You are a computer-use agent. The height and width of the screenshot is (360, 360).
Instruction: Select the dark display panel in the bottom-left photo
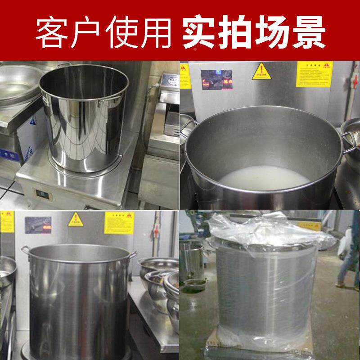38,225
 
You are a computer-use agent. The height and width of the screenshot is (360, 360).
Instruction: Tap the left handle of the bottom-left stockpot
24,249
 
